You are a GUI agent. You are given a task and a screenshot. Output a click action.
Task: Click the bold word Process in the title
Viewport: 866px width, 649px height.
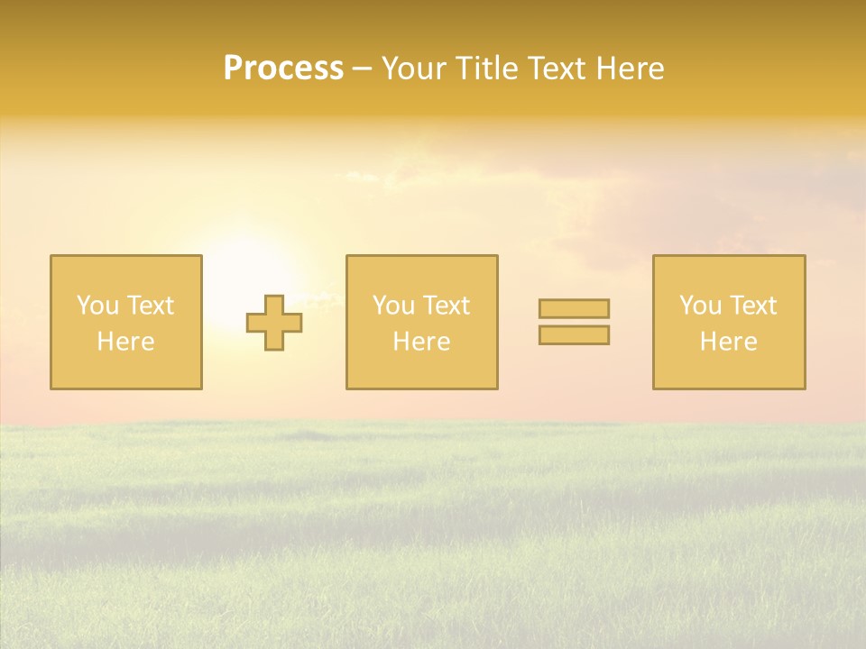283,69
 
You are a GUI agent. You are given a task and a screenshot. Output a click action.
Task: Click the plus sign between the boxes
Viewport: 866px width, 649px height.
274,323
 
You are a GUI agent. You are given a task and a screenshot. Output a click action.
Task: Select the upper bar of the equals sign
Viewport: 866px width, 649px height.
574,308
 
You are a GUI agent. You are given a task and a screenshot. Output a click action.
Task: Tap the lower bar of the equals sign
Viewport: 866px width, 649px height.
574,335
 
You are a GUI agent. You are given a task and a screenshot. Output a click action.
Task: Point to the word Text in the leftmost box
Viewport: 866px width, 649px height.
150,306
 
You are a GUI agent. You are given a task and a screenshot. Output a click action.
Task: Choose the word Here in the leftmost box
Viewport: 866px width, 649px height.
125,342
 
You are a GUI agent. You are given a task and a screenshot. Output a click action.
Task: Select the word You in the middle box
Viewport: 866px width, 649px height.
393,306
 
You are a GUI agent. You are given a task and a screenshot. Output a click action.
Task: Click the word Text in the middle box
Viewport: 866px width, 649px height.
446,306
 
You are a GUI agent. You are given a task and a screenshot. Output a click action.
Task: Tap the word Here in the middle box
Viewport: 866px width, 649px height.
421,342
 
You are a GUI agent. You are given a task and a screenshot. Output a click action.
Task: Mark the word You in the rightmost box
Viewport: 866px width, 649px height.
700,306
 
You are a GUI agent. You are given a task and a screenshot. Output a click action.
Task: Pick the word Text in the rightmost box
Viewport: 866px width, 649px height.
752,306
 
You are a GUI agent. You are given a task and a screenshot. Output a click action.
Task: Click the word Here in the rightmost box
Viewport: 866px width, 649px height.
728,342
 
